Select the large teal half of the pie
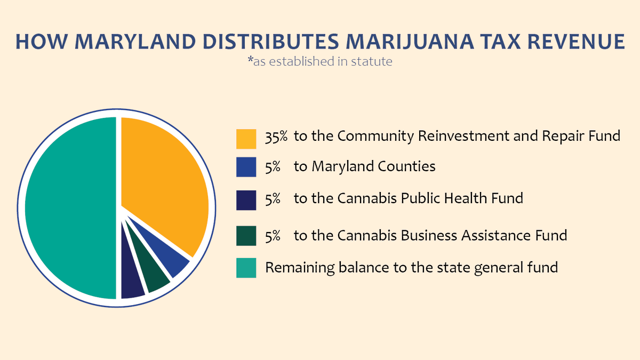click(69, 208)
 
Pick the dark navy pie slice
click(132, 285)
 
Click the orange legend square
click(245, 138)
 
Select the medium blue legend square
click(245, 167)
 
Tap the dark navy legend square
click(245, 199)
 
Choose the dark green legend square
click(245, 235)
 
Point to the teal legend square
click(245, 268)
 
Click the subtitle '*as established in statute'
click(320, 61)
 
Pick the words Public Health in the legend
click(443, 198)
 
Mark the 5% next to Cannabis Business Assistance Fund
click(273, 235)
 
